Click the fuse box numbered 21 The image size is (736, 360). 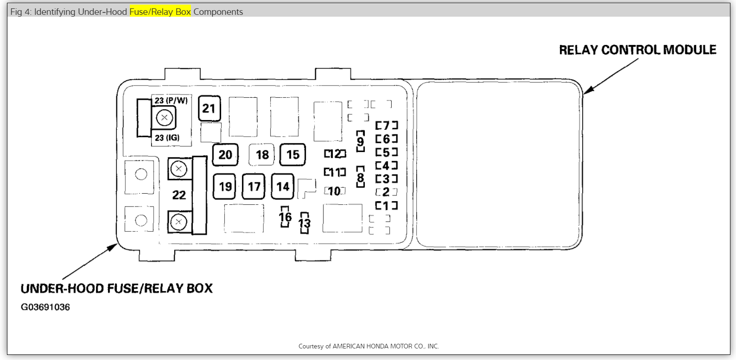pos(209,108)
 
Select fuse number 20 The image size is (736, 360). pos(225,155)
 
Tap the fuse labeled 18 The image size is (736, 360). pos(262,155)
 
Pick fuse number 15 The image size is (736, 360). pos(293,155)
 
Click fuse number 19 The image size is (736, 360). pos(225,186)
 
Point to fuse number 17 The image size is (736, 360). pos(254,186)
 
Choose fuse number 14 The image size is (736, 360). pos(283,186)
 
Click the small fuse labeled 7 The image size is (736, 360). pos(387,126)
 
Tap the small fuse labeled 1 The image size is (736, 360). pos(387,205)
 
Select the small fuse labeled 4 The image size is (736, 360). pos(387,165)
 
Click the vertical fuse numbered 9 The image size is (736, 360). pos(361,141)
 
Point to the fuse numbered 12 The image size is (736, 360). pos(335,153)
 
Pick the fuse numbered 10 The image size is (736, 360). pos(335,191)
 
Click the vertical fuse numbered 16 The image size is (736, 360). pos(285,217)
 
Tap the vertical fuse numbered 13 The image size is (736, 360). pos(305,223)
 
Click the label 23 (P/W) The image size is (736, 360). pos(171,101)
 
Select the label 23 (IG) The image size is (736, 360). pos(167,138)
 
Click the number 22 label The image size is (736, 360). pos(179,195)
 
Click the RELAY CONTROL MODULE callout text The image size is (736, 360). pos(637,50)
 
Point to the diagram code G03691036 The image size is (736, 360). pos(45,307)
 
